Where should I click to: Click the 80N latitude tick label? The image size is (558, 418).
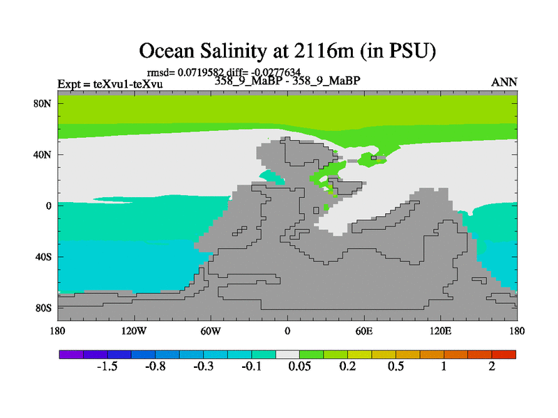[45, 103]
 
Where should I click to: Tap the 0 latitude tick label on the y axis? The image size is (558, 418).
[50, 206]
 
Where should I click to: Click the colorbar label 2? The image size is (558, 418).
[492, 367]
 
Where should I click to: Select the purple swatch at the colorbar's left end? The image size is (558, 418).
[71, 355]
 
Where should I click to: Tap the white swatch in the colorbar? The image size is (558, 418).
[287, 355]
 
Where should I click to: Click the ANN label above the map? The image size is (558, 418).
[504, 82]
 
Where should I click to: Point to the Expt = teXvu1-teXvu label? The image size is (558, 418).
[110, 84]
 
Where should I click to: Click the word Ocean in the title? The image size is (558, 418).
[167, 51]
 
